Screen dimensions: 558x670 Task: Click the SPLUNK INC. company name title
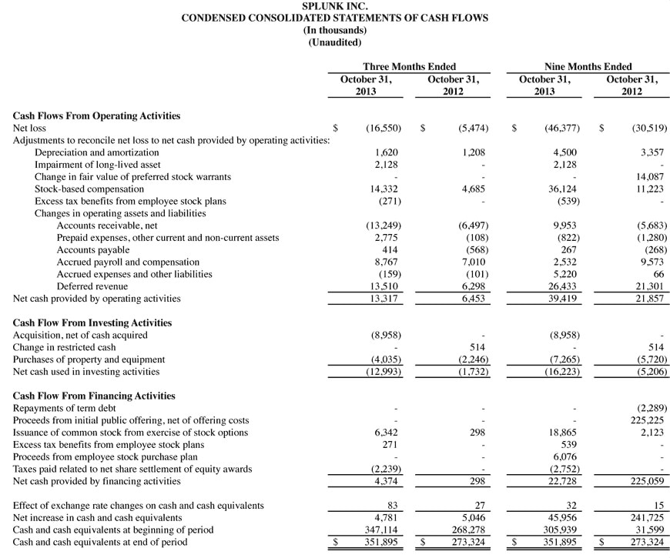tap(334, 5)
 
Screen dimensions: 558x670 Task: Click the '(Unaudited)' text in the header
tap(334, 42)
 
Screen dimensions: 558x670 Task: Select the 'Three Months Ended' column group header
tap(409, 67)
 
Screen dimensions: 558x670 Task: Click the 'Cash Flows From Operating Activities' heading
tap(96, 116)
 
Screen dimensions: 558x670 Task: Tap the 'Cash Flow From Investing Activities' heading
tap(92, 323)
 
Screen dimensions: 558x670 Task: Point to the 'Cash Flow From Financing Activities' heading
tap(94, 396)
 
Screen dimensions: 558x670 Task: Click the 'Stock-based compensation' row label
tap(89, 189)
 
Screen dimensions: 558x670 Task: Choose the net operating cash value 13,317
tap(382, 299)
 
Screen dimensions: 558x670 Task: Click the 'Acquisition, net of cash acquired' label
tap(80, 336)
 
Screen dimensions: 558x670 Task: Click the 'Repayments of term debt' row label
tap(63, 408)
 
